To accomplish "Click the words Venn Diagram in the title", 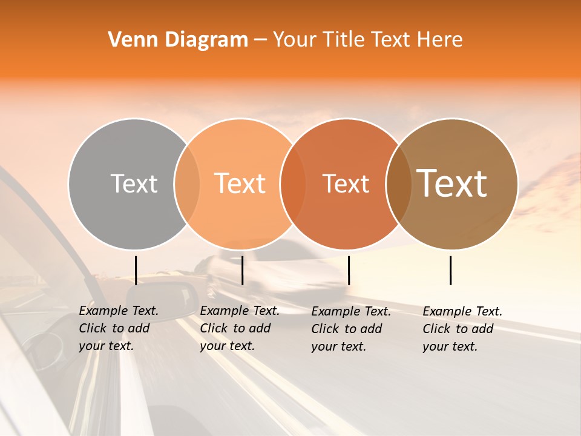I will pyautogui.click(x=178, y=40).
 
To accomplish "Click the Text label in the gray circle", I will pyautogui.click(x=134, y=183).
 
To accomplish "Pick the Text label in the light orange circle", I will pyautogui.click(x=240, y=183).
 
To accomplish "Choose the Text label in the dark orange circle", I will pyautogui.click(x=346, y=183).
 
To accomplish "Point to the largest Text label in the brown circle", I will pyautogui.click(x=452, y=183).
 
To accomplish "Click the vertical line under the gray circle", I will pyautogui.click(x=136, y=270).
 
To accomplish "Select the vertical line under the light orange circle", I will pyautogui.click(x=242, y=270).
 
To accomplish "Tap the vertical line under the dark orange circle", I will pyautogui.click(x=349, y=270).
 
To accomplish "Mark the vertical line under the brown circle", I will pyautogui.click(x=450, y=270).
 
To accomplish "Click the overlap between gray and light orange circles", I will pyautogui.click(x=187, y=183).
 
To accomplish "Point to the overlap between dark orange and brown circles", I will pyautogui.click(x=399, y=183).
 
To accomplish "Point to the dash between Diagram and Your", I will pyautogui.click(x=260, y=40).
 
